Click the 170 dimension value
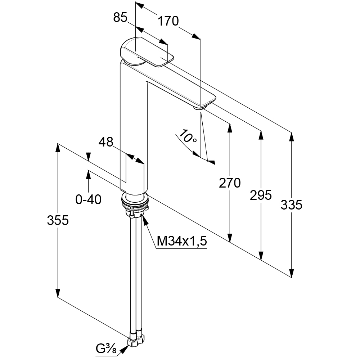pos(168,22)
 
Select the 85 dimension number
pos(120,17)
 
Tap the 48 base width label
pos(106,142)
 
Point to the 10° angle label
pos(188,136)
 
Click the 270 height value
pos(230,183)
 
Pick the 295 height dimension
pos(261,195)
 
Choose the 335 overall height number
pos(291,205)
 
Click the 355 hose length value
pos(58,220)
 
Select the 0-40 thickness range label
pos(88,199)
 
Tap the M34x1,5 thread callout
pos(182,241)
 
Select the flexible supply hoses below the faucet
pos(136,274)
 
